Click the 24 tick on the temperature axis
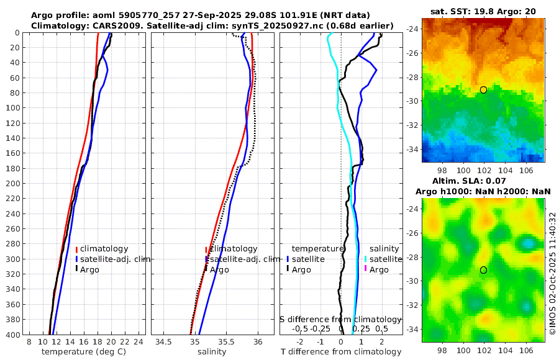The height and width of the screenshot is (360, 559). coord(139,342)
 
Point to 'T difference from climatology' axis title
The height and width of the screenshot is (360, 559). coord(341,352)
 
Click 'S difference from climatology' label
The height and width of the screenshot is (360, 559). coord(341,319)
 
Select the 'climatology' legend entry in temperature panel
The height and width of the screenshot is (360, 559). coord(104,249)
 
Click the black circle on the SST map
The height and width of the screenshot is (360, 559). coord(483,90)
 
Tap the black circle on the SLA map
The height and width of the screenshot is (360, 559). coord(483,270)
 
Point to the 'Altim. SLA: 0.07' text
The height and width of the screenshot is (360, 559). coord(483,181)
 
